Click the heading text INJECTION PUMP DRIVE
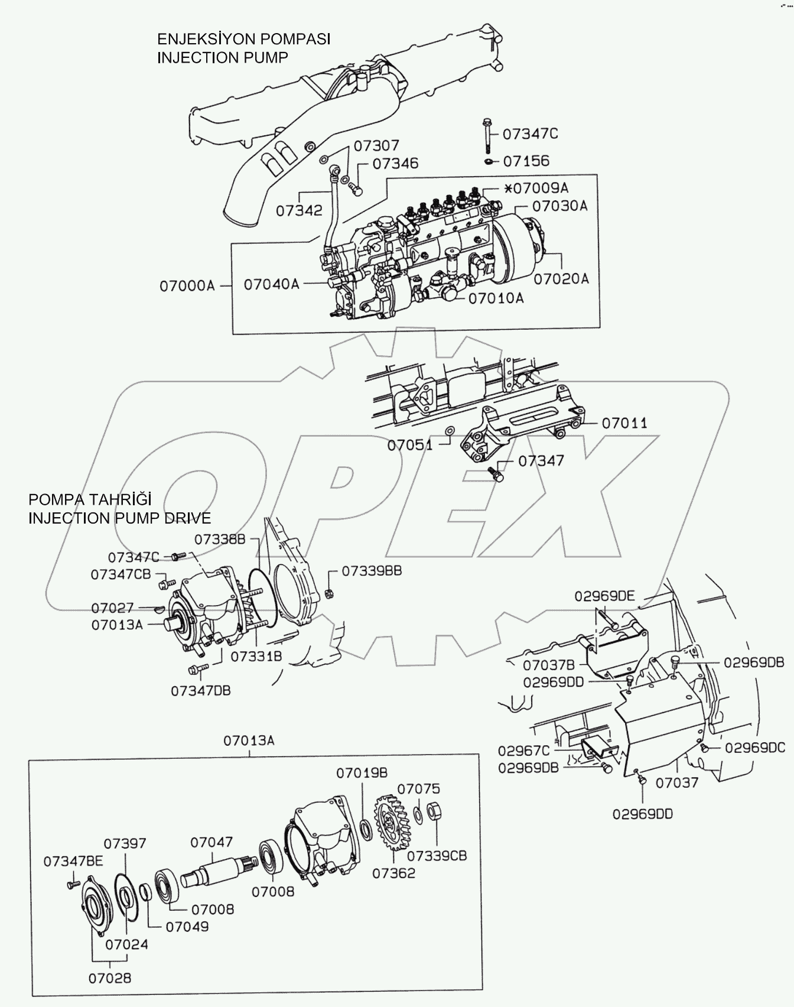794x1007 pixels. (119, 518)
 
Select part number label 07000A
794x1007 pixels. (187, 286)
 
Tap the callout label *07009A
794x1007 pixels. (536, 189)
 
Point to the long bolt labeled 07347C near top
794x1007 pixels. (484, 135)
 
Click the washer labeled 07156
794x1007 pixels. (489, 161)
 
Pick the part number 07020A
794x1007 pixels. (561, 278)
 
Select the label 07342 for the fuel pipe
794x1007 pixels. (300, 210)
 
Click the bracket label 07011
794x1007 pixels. (624, 423)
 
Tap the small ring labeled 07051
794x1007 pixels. (449, 431)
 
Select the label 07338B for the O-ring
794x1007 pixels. (219, 539)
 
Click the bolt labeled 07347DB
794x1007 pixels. (196, 669)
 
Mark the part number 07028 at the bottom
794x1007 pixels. (110, 978)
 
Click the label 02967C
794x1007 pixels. (523, 751)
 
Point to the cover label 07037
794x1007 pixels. (677, 782)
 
